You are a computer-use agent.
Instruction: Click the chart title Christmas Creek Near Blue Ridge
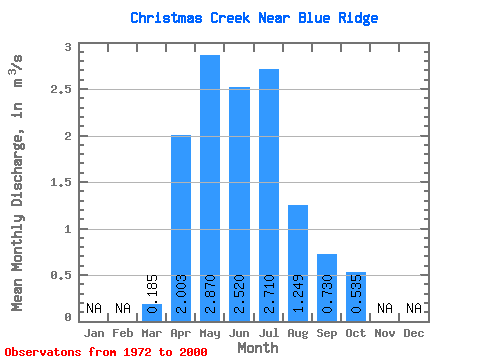pyautogui.click(x=254, y=18)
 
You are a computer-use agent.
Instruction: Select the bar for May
pyautogui.click(x=210, y=188)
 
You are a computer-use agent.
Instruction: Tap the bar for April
pyautogui.click(x=181, y=228)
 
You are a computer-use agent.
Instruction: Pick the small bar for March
pyautogui.click(x=152, y=313)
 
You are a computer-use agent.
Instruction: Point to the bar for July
pyautogui.click(x=269, y=195)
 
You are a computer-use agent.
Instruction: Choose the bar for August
pyautogui.click(x=298, y=263)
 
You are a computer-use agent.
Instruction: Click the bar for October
pyautogui.click(x=356, y=297)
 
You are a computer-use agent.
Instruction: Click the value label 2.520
pyautogui.click(x=240, y=294)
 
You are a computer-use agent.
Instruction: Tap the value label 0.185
pyautogui.click(x=152, y=294)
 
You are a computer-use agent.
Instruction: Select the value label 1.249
pyautogui.click(x=298, y=294)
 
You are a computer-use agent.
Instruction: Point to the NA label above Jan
pyautogui.click(x=94, y=308)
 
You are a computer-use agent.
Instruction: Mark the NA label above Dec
pyautogui.click(x=414, y=308)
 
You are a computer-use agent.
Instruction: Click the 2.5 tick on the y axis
pyautogui.click(x=61, y=89)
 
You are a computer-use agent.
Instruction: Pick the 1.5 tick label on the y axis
pyautogui.click(x=61, y=182)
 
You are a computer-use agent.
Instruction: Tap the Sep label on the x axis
pyautogui.click(x=327, y=333)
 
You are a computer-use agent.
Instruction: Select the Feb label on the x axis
pyautogui.click(x=123, y=333)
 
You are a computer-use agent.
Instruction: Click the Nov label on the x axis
pyautogui.click(x=385, y=333)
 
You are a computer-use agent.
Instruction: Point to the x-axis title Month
pyautogui.click(x=258, y=348)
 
